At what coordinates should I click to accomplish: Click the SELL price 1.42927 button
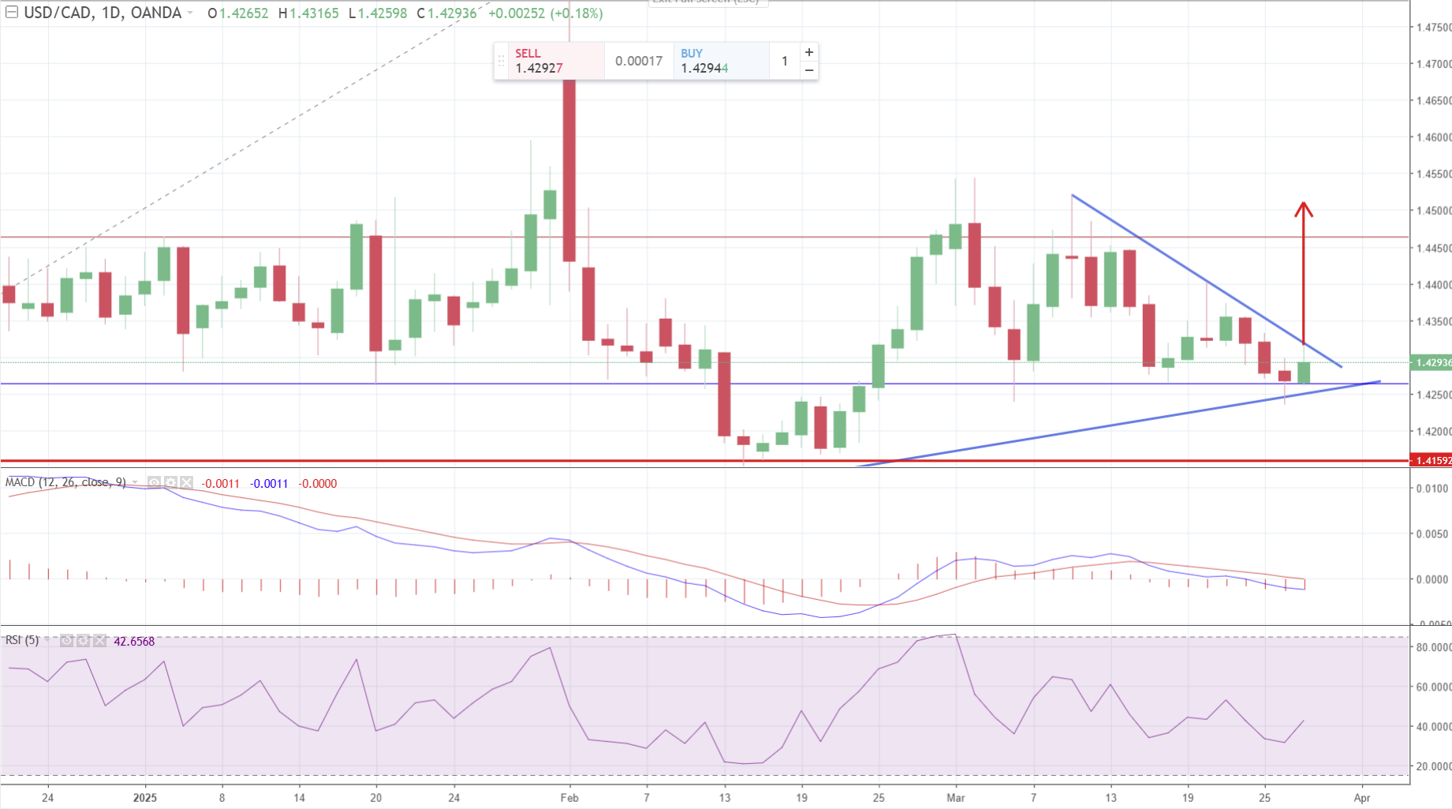pyautogui.click(x=548, y=62)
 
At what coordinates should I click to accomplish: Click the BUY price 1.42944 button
pyautogui.click(x=714, y=62)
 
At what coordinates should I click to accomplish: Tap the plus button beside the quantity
pyautogui.click(x=809, y=52)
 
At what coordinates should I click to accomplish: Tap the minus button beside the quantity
pyautogui.click(x=809, y=70)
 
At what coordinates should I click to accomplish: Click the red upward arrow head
pyautogui.click(x=1303, y=209)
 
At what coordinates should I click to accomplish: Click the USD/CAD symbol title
pyautogui.click(x=62, y=13)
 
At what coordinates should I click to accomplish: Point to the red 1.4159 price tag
pyautogui.click(x=1432, y=460)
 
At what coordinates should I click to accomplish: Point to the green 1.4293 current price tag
pyautogui.click(x=1432, y=362)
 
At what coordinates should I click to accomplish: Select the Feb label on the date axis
pyautogui.click(x=569, y=798)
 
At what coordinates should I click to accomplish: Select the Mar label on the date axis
pyautogui.click(x=956, y=798)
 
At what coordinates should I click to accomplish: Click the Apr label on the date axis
pyautogui.click(x=1362, y=798)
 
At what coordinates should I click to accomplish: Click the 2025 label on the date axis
pyautogui.click(x=145, y=798)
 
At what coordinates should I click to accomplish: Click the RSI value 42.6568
pyautogui.click(x=134, y=642)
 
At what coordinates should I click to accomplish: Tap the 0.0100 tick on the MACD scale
pyautogui.click(x=1432, y=489)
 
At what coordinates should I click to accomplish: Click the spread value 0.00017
pyautogui.click(x=639, y=61)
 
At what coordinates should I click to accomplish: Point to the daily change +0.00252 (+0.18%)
pyautogui.click(x=546, y=13)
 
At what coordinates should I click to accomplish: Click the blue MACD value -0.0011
pyautogui.click(x=269, y=484)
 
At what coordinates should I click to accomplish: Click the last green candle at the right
pyautogui.click(x=1304, y=373)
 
